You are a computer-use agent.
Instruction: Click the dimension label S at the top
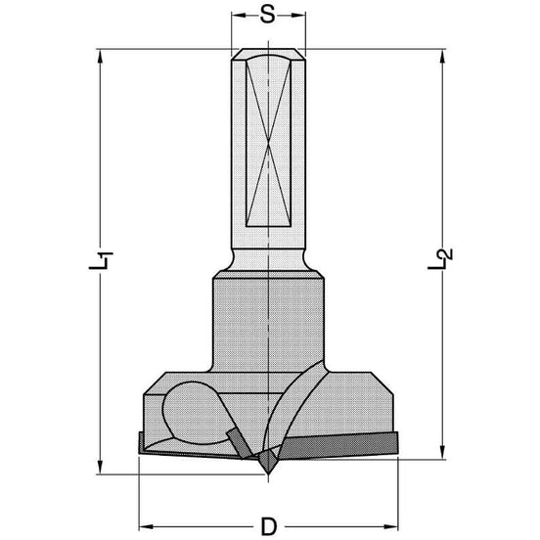268,15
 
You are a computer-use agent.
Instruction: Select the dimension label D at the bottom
269,526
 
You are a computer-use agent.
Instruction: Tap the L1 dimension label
101,260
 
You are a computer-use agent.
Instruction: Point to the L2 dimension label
440,258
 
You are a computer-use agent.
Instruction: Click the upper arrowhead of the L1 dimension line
100,57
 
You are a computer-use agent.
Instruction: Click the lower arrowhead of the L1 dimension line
100,468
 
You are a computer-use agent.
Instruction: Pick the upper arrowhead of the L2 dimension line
442,57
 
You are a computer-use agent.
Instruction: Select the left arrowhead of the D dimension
146,526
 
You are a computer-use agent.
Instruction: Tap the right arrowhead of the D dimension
391,526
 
